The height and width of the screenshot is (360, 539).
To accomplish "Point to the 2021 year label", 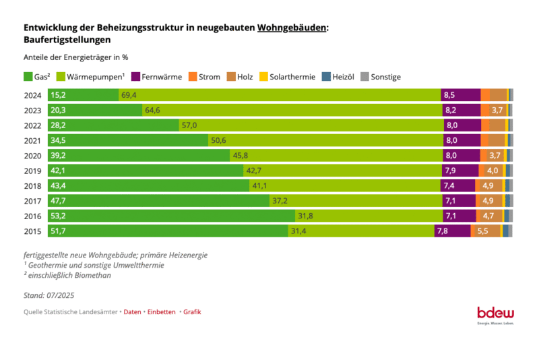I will [x=32, y=140].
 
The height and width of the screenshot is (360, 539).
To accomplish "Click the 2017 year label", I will [x=32, y=201].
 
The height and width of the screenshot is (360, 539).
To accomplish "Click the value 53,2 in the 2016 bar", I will [x=58, y=216].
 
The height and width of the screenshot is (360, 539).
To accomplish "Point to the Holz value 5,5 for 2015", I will [x=482, y=231].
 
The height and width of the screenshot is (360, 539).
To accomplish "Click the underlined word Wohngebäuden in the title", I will [x=292, y=28].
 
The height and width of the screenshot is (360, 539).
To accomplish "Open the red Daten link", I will [x=132, y=312].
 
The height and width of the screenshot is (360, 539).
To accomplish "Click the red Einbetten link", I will [x=161, y=312].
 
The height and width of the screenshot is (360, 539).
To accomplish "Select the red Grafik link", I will [x=192, y=312].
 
